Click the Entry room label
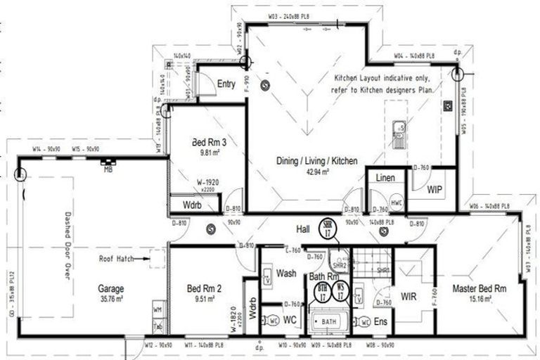point(226,84)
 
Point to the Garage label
point(111,288)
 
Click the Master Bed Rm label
point(480,288)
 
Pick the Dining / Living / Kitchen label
point(316,161)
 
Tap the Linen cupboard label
point(385,179)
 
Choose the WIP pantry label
point(436,189)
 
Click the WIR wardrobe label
point(409,296)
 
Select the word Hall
point(304,229)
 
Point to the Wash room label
point(285,274)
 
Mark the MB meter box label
point(108,169)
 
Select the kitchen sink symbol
point(399,133)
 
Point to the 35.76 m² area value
point(111,297)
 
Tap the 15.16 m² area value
point(480,298)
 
